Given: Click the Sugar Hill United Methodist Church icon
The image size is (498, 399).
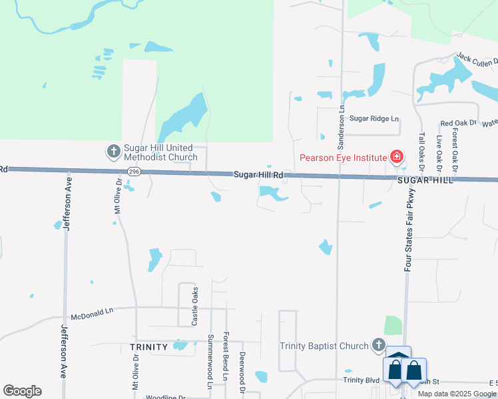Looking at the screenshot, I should [113, 152].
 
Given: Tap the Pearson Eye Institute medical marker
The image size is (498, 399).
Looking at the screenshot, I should [397, 158].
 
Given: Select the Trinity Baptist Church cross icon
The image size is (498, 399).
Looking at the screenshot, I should [379, 345].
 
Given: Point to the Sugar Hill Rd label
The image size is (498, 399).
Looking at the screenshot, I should [259, 175].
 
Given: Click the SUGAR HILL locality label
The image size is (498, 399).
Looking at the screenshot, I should [425, 180].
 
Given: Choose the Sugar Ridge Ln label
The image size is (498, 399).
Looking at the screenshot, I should [374, 118].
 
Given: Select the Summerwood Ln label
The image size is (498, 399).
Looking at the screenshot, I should [210, 361].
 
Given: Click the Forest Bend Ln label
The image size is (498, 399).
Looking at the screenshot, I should [226, 356].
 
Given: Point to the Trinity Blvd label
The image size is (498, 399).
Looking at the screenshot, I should [361, 380].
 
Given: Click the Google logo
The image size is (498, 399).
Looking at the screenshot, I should [22, 391].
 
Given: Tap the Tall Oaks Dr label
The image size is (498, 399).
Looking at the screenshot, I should [421, 149].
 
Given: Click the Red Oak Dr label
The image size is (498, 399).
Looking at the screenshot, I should [459, 123].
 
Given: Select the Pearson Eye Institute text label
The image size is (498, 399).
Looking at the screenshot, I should [343, 158].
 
